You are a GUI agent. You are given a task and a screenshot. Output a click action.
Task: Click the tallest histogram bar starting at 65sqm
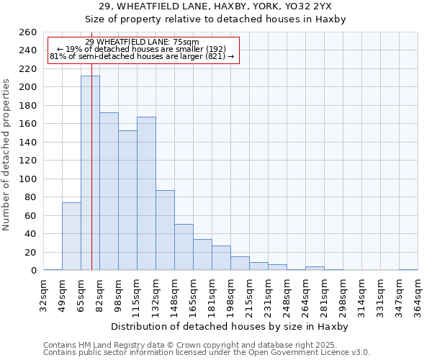(x=90, y=173)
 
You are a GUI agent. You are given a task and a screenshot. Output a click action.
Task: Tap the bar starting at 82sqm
(x=109, y=192)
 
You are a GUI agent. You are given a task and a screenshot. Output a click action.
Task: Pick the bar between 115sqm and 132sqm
(x=146, y=193)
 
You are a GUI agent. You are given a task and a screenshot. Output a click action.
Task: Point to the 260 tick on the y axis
(x=28, y=32)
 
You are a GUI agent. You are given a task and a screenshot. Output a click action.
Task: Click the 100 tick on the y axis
(x=28, y=179)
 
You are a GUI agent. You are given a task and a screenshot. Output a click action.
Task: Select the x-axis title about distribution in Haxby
(x=230, y=326)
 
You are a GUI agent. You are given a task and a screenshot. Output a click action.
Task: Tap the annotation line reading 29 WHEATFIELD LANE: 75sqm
(x=142, y=42)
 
